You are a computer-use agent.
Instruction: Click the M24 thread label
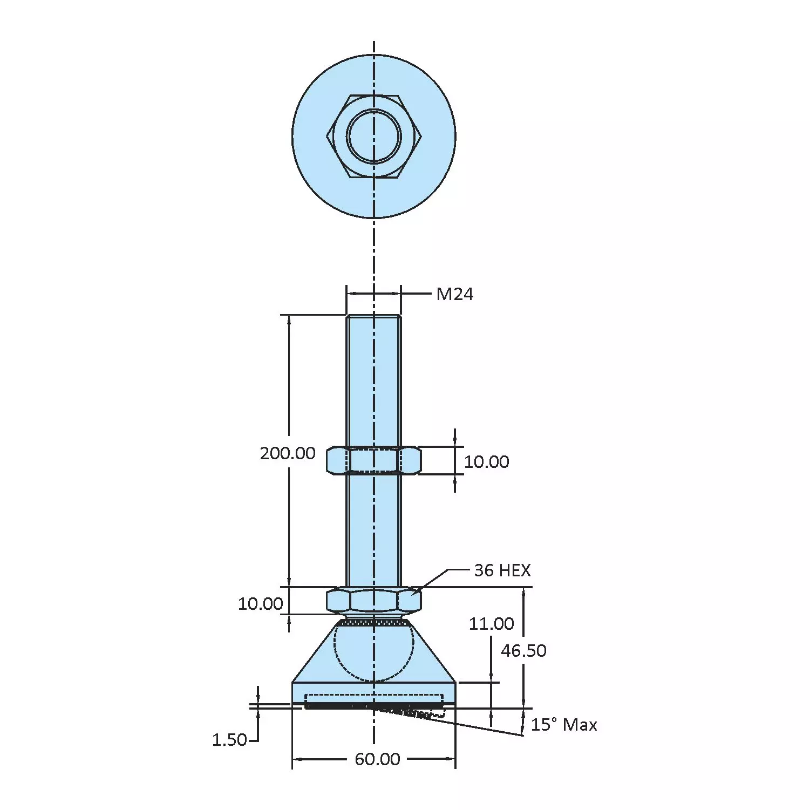tap(454, 294)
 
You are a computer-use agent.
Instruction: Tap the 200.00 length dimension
tap(288, 453)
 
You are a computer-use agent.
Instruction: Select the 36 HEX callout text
tap(502, 570)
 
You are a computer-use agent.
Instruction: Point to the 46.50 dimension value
tap(523, 651)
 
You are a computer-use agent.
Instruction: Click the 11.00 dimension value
tap(491, 624)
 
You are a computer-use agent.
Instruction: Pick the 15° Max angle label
tap(564, 725)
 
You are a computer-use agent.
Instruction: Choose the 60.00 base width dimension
tap(377, 759)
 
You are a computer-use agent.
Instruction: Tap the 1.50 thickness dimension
tap(229, 740)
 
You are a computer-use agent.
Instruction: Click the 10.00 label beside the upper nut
tap(486, 462)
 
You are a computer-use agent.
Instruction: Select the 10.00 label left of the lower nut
tap(260, 604)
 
